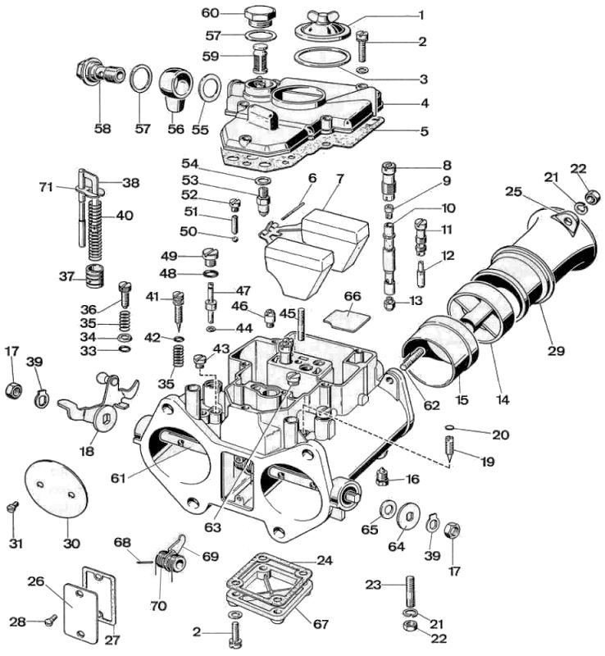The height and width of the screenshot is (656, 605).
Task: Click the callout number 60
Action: pyautogui.click(x=211, y=13)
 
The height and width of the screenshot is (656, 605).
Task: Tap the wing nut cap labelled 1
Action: pyautogui.click(x=321, y=26)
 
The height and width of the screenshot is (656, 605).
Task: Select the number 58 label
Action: pyautogui.click(x=102, y=128)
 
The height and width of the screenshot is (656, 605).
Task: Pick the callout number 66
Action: pyautogui.click(x=353, y=296)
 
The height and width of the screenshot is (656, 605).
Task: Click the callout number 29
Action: pyautogui.click(x=556, y=350)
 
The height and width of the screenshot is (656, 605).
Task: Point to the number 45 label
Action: pyautogui.click(x=288, y=313)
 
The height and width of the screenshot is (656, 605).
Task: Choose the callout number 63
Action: pyautogui.click(x=212, y=527)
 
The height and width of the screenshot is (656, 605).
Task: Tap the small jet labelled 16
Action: pyautogui.click(x=382, y=476)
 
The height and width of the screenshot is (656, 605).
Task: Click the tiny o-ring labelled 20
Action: pyautogui.click(x=449, y=426)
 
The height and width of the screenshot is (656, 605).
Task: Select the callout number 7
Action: pyautogui.click(x=339, y=180)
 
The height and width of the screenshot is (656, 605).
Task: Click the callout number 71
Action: pyautogui.click(x=46, y=187)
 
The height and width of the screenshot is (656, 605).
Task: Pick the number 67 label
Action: pyautogui.click(x=321, y=624)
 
